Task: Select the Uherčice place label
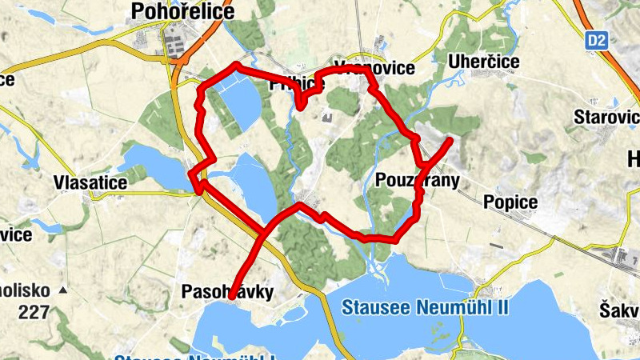tap(484, 62)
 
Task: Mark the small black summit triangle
tap(63, 289)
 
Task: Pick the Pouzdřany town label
tap(417, 181)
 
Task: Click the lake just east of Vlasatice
tap(152, 163)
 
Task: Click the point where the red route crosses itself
tap(264, 231)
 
